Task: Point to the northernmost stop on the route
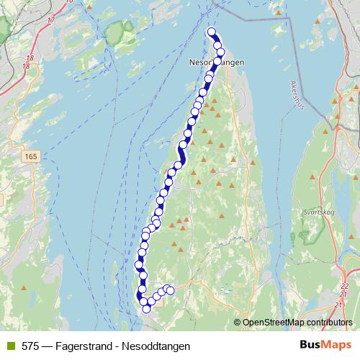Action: [x=212, y=31]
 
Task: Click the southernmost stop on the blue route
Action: [x=146, y=309]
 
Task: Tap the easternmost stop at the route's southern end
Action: [x=171, y=291]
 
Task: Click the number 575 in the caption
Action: [x=31, y=346]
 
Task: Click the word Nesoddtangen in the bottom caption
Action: [x=159, y=346]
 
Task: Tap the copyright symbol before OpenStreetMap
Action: [x=238, y=323]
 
